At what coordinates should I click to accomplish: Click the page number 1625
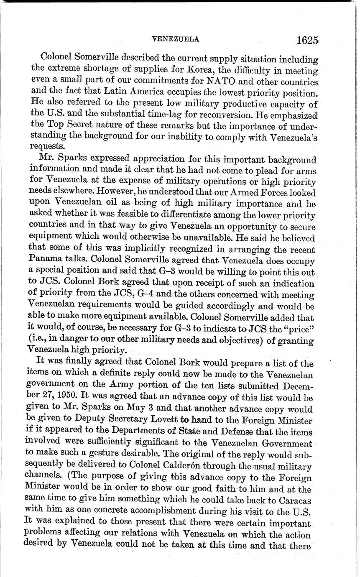(x=308, y=41)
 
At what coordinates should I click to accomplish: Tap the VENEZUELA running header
(x=175, y=39)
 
